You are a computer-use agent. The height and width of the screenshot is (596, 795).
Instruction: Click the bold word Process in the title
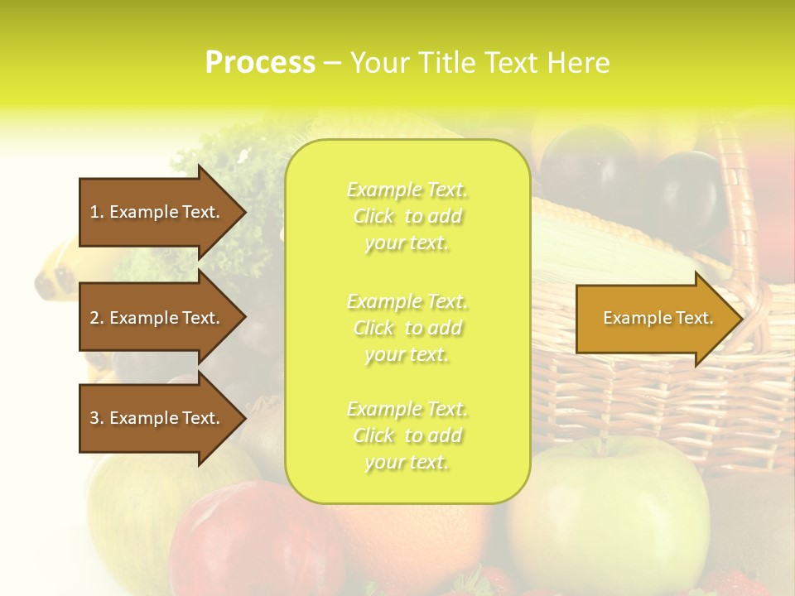click(260, 63)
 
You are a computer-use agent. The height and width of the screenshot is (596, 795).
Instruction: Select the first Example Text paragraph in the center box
click(407, 216)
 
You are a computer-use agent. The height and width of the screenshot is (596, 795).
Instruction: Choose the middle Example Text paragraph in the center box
click(407, 328)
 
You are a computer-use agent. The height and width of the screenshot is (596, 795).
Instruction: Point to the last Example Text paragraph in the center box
click(407, 435)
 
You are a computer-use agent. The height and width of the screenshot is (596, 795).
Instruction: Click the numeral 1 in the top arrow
click(94, 212)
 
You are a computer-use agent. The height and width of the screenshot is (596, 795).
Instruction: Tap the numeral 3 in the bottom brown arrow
click(94, 418)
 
